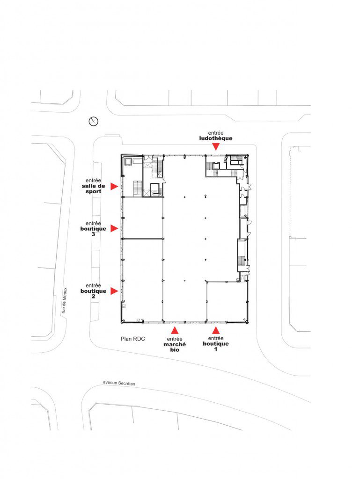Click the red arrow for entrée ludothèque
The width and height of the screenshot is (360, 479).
(216, 147)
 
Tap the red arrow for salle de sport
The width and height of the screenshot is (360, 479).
(114, 186)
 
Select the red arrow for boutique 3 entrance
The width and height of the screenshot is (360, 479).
(114, 228)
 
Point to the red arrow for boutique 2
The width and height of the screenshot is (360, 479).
(114, 291)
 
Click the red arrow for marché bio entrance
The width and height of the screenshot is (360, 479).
(175, 330)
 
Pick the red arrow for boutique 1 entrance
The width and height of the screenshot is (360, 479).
(216, 330)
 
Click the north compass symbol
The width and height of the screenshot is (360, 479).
(94, 121)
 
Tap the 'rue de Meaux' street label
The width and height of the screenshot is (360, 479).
(64, 300)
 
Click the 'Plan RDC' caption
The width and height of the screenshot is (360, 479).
(133, 339)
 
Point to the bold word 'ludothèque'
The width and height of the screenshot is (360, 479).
(216, 138)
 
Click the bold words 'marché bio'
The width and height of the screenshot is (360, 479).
(175, 347)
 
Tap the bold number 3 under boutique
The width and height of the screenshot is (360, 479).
(93, 234)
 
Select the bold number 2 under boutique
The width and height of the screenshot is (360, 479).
(93, 296)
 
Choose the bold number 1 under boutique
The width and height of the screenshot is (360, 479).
(216, 349)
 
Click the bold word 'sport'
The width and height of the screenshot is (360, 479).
(93, 191)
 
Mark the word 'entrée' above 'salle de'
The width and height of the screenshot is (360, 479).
(93, 181)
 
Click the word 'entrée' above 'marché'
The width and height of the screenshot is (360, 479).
(175, 339)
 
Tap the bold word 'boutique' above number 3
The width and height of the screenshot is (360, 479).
(93, 229)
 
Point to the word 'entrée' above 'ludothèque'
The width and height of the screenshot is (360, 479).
(216, 133)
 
